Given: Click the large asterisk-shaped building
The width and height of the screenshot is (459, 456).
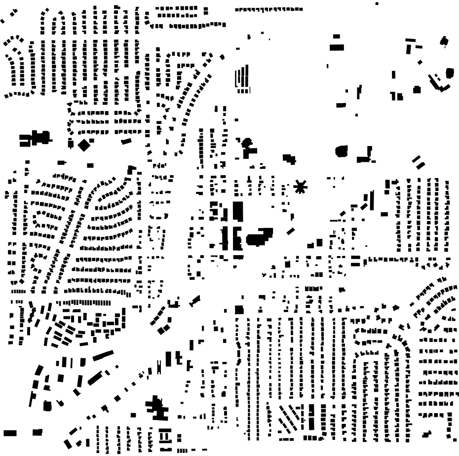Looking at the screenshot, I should pyautogui.click(x=300, y=187).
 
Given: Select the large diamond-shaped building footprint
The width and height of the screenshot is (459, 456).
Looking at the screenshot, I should pyautogui.click(x=84, y=145).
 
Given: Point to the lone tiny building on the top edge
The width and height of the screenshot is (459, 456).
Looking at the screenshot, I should pyautogui.click(x=377, y=3).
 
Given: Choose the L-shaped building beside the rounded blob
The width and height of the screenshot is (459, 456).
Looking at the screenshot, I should pyautogui.click(x=365, y=155).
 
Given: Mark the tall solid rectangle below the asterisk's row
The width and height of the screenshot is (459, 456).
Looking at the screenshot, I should pyautogui.click(x=238, y=211).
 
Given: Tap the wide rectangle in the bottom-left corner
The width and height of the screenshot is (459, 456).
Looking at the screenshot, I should pyautogui.click(x=10, y=433).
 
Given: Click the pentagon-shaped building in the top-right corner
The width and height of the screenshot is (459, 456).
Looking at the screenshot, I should pyautogui.click(x=444, y=41).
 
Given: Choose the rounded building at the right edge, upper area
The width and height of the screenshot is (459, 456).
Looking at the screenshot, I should pyautogui.click(x=449, y=73).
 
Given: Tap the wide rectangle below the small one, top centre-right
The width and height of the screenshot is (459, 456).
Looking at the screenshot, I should pyautogui.click(x=337, y=47).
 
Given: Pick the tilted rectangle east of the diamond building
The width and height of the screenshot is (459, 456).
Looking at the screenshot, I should pyautogui.click(x=126, y=142).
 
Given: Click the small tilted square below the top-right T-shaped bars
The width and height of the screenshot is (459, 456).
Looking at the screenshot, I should pyautogui.click(x=420, y=62).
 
